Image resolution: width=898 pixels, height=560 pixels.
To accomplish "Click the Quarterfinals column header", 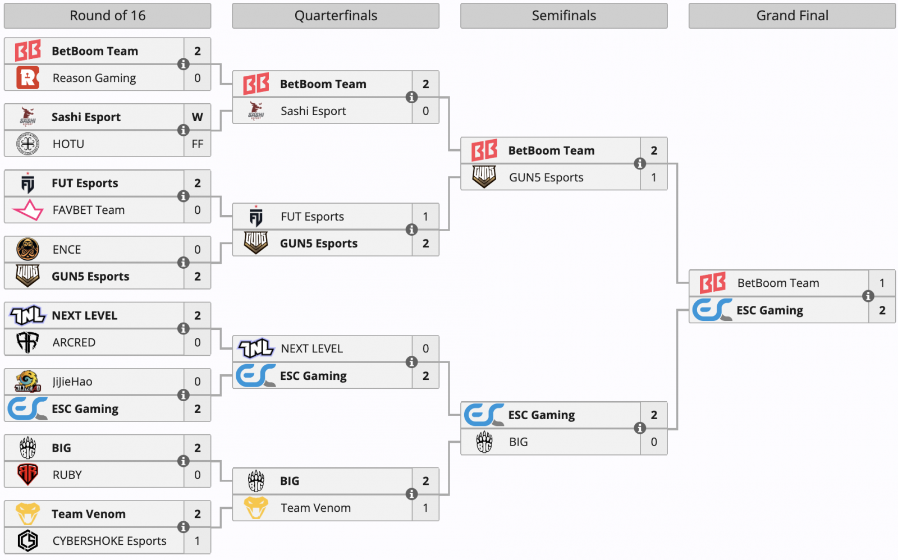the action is tap(336, 16).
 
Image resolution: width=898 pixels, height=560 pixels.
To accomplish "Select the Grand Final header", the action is tap(792, 16).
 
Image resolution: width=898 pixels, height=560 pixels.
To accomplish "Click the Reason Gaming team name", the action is tap(94, 78).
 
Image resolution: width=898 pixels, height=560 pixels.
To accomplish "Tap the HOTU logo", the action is tap(28, 144).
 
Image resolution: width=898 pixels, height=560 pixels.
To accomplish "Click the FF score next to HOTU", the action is tap(197, 144).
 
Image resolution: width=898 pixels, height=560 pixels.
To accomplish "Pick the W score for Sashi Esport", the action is tap(197, 117).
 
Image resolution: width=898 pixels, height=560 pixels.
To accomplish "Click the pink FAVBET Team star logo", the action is tap(28, 210).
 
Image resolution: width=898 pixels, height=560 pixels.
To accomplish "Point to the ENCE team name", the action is tap(67, 249).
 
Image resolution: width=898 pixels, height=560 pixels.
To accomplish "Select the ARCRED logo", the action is tap(28, 342).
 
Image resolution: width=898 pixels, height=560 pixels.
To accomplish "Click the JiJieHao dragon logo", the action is tap(28, 381).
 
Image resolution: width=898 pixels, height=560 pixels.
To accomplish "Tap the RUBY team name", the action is tap(67, 475).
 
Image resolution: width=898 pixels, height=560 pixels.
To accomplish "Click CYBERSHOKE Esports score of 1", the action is tap(197, 541).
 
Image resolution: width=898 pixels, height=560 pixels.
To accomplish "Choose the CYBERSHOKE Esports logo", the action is tap(28, 540).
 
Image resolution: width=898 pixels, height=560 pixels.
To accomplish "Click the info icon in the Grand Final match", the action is tap(868, 296).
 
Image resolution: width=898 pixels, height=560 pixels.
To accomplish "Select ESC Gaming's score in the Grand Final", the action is tap(882, 310).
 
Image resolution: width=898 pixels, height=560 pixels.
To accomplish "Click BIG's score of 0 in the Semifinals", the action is tap(654, 442).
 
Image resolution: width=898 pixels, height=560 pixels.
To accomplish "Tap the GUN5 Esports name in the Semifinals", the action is tap(546, 177).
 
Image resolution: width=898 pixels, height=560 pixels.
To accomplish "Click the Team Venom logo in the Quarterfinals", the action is tap(256, 507).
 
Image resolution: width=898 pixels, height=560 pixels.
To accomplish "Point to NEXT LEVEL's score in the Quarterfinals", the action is tap(426, 348).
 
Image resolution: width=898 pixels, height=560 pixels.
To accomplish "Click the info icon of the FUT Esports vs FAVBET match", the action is tap(183, 196).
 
